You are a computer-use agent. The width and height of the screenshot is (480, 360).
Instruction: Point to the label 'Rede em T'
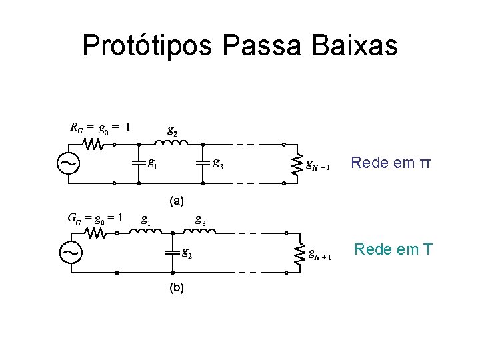point(393,250)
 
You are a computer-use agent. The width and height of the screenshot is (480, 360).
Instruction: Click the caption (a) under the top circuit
point(177,200)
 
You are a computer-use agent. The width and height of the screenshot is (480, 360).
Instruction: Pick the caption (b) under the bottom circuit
point(177,287)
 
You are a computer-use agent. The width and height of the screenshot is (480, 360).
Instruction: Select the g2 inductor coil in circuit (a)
point(173,142)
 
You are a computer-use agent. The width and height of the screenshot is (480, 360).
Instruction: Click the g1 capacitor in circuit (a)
point(137,163)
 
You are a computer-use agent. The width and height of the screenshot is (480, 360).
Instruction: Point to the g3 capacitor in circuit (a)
point(201,163)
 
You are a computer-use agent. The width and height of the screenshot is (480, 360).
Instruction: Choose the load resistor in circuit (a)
point(297,163)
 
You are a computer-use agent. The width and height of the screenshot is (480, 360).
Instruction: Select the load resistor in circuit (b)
point(299,253)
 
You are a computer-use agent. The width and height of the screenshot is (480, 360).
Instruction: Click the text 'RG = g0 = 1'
point(100,126)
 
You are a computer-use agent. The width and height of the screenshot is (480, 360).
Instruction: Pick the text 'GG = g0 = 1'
point(96,216)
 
